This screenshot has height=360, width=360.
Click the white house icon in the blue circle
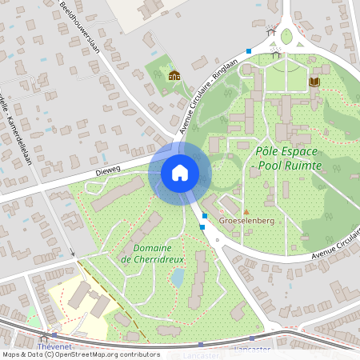(x=180, y=172)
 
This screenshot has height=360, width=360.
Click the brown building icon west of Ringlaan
(x=174, y=76)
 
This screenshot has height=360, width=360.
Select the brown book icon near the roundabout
(x=314, y=82)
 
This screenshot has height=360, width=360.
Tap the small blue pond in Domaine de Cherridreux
(x=178, y=277)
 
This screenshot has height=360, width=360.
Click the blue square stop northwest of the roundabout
(x=249, y=51)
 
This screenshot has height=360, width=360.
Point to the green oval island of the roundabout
(x=286, y=36)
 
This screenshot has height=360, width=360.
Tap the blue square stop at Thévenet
(x=54, y=336)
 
